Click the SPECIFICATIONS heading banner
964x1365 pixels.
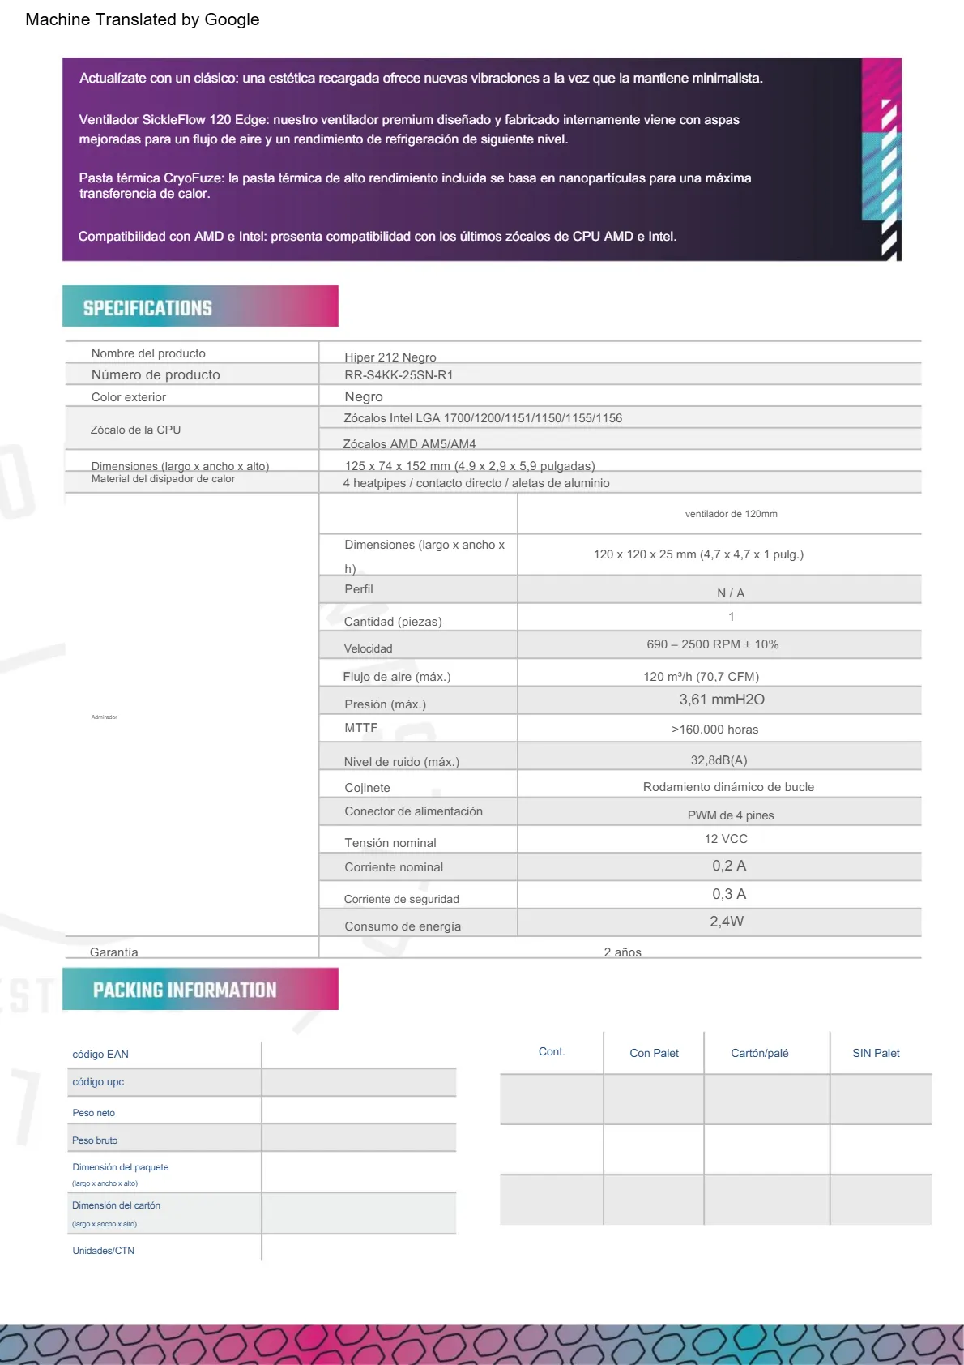[199, 306]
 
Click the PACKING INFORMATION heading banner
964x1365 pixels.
[199, 989]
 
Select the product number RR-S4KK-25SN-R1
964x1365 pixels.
[399, 375]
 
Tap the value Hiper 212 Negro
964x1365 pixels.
[390, 357]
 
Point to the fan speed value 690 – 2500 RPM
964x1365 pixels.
[712, 644]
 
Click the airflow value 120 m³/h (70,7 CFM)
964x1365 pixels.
[701, 677]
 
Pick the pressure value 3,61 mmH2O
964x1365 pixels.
[721, 700]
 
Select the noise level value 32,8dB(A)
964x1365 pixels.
[719, 760]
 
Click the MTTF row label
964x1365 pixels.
[360, 728]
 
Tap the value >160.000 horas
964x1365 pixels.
[714, 730]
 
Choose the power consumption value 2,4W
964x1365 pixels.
[726, 922]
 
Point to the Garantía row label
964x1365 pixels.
[113, 952]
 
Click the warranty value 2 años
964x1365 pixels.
[622, 952]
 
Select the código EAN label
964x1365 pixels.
[100, 1055]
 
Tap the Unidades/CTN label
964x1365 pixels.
[103, 1251]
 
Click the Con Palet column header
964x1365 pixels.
[654, 1053]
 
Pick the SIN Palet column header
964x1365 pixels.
[876, 1053]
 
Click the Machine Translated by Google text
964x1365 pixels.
[143, 19]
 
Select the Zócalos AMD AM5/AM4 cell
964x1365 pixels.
[409, 444]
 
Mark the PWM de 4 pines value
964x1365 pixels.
[730, 815]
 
